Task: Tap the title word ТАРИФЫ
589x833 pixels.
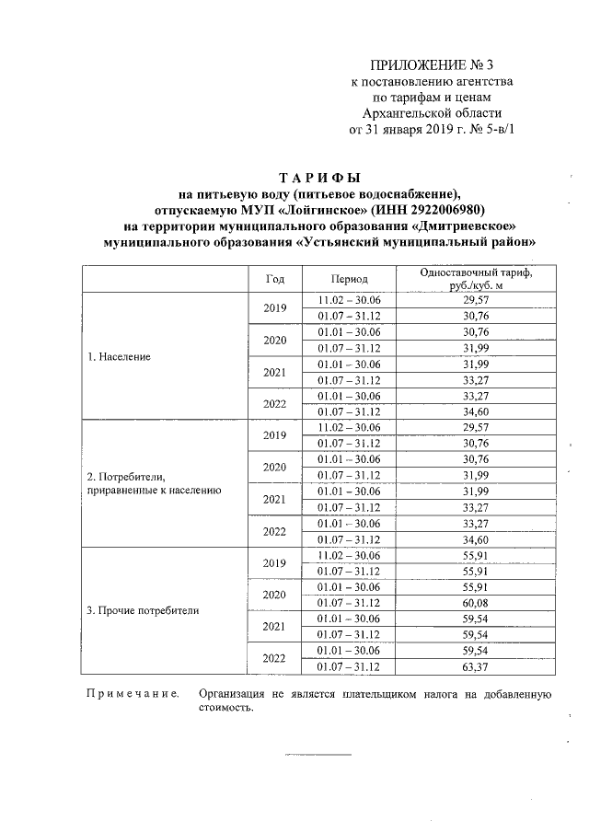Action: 318,176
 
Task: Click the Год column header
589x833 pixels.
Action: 275,279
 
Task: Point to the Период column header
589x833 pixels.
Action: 350,279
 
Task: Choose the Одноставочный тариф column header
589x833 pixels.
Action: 476,279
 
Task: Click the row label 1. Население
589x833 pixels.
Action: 119,355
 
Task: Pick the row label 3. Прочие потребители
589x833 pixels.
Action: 143,609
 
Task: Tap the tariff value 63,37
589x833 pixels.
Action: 476,666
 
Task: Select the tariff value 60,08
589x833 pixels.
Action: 476,602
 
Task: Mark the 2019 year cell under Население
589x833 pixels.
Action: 275,307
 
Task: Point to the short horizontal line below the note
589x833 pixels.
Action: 318,755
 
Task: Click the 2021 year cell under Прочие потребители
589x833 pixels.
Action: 275,626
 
